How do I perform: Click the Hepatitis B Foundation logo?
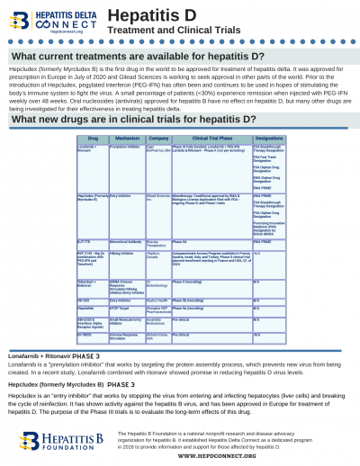click(x=62, y=441)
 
